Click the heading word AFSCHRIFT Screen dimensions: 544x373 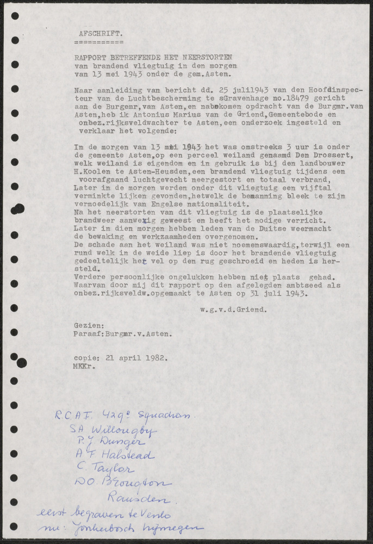pyautogui.click(x=101, y=33)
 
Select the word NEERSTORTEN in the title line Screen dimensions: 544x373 pyautogui.click(x=209, y=57)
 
